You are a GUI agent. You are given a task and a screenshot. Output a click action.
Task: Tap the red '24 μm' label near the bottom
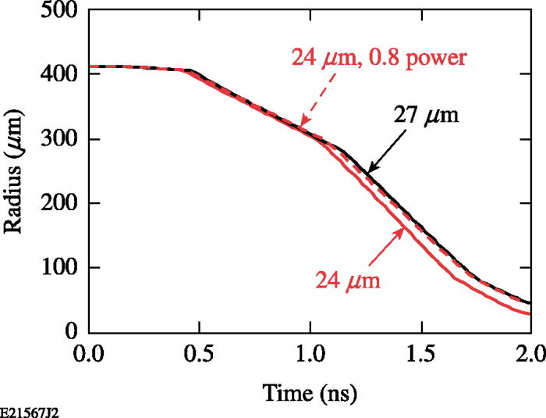348,280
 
